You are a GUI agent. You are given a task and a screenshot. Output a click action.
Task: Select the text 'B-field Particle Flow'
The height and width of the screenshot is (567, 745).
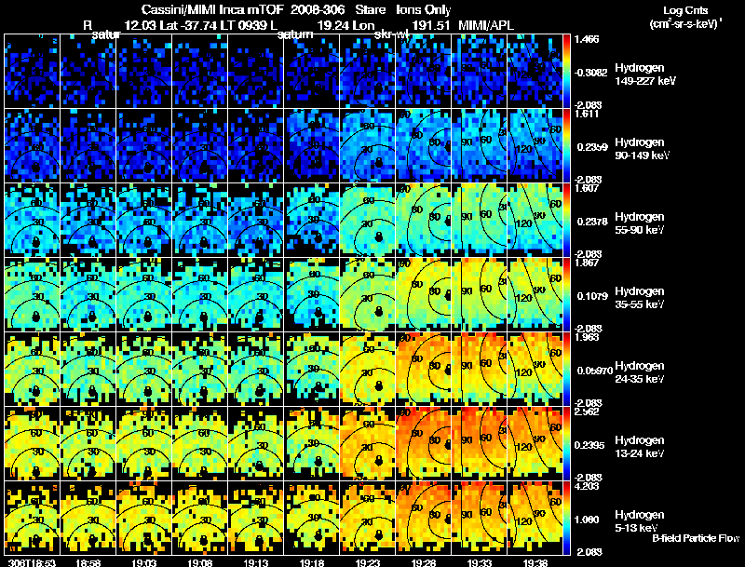696,537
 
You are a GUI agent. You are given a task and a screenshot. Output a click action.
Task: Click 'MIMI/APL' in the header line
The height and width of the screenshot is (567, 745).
486,25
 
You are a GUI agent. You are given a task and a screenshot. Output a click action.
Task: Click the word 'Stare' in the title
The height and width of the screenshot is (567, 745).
372,9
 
